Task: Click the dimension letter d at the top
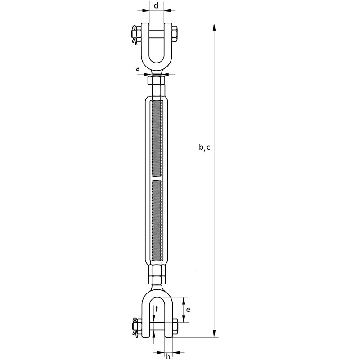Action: (x=156, y=5)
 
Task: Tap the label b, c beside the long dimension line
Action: (x=204, y=147)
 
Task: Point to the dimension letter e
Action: (x=188, y=310)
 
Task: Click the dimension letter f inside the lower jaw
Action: (x=157, y=309)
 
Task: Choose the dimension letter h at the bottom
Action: (x=168, y=357)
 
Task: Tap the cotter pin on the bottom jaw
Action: (x=134, y=328)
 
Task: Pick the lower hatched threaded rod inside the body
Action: (x=156, y=220)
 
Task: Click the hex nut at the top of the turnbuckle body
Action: (x=156, y=86)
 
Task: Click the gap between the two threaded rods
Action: (x=156, y=178)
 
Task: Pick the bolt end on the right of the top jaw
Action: (x=175, y=34)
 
